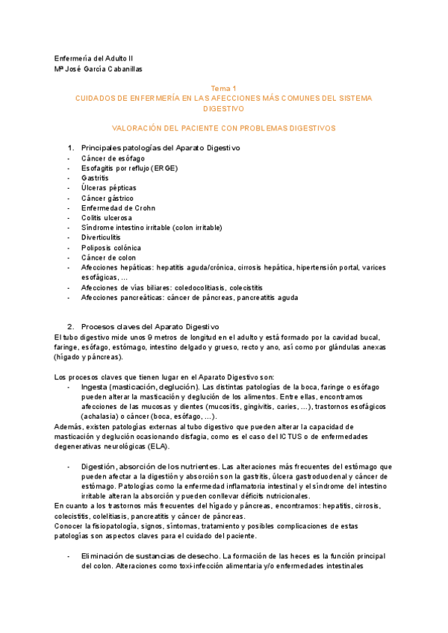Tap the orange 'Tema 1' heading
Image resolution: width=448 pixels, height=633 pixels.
(223, 88)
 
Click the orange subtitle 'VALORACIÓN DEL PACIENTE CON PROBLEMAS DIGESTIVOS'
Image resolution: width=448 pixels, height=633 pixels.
(223, 128)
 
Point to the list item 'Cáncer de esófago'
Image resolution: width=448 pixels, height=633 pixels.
(113, 158)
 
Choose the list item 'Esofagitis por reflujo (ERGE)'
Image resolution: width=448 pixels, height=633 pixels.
(129, 169)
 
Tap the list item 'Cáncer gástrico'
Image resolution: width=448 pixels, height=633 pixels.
(108, 198)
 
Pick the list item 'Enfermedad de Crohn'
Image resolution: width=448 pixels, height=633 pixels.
(116, 208)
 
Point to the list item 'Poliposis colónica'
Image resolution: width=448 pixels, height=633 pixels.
(111, 247)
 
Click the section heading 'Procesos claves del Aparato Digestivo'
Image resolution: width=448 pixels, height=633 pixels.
(149, 326)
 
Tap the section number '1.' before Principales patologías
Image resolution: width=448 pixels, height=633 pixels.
(72, 148)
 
